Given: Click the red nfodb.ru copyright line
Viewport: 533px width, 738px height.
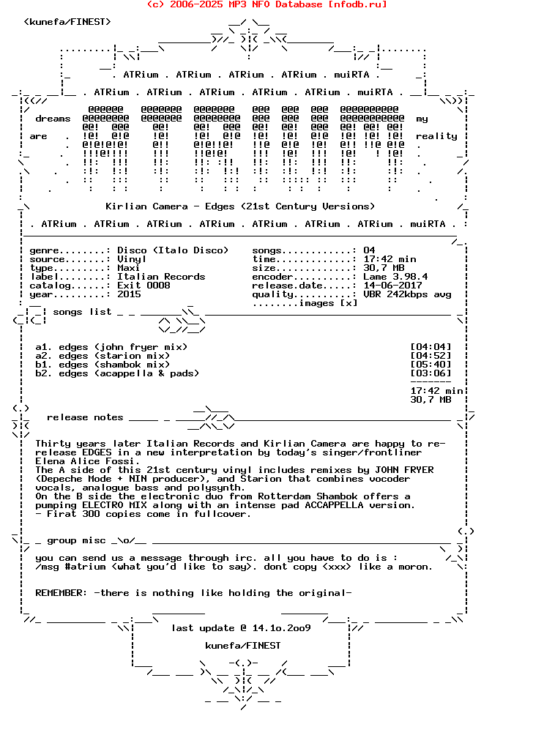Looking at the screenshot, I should click(266, 4).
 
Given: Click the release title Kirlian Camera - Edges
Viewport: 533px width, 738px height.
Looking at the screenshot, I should click(240, 206).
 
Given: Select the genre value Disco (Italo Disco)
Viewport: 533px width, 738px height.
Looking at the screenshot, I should click(173, 250).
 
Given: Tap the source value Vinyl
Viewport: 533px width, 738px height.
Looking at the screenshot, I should click(132, 259).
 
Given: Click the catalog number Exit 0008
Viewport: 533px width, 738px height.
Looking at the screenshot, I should click(143, 286).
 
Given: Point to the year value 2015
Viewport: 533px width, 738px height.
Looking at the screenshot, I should click(129, 294).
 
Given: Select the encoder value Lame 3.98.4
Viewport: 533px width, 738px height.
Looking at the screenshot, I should click(395, 277).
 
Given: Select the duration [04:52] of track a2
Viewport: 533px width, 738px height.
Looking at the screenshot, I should click(430, 356).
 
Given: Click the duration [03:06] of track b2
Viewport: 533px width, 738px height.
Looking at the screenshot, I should click(430, 373).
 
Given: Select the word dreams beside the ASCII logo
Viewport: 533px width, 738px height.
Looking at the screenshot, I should click(53, 119).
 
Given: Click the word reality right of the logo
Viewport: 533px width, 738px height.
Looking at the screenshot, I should click(436, 136).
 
